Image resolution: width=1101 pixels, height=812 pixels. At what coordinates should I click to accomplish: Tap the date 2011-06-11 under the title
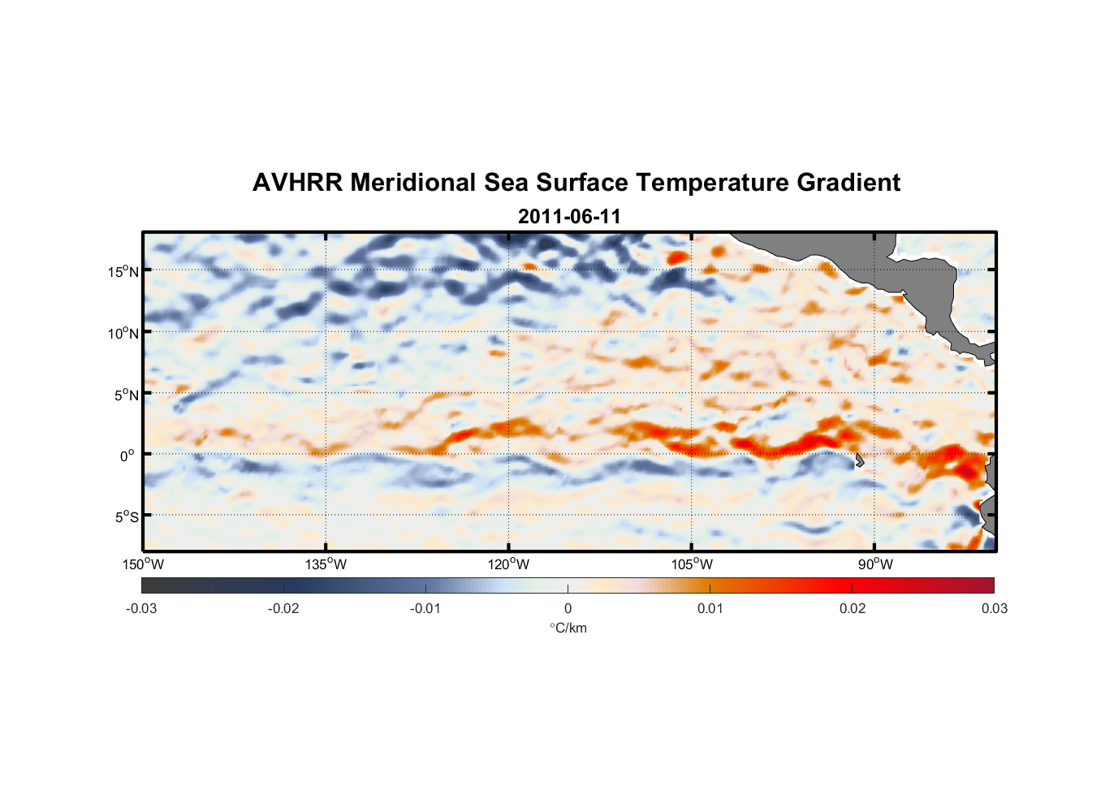click(x=569, y=217)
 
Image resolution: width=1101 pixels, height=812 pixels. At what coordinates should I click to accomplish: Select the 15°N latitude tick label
click(x=123, y=271)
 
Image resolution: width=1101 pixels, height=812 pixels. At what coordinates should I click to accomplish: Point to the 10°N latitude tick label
click(x=123, y=333)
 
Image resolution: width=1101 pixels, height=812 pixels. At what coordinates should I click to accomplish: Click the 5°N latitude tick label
click(x=126, y=395)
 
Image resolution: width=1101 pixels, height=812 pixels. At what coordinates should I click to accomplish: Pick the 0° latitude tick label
click(x=128, y=456)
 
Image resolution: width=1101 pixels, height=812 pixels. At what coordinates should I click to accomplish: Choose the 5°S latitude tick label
click(x=126, y=517)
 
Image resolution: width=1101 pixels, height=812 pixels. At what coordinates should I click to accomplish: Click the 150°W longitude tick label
click(x=143, y=564)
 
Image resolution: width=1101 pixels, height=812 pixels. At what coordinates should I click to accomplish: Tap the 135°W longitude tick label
click(x=326, y=564)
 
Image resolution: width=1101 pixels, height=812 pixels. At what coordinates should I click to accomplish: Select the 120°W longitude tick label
click(x=508, y=564)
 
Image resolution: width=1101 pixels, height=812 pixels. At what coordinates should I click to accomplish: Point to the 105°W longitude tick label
click(x=692, y=564)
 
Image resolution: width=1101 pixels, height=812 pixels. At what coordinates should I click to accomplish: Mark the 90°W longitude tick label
click(x=875, y=564)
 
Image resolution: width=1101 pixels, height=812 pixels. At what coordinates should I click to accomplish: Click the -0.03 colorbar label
click(x=141, y=609)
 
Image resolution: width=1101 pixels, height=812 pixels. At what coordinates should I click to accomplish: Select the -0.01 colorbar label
click(x=425, y=609)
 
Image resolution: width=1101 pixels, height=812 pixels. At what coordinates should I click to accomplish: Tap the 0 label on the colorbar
click(x=568, y=609)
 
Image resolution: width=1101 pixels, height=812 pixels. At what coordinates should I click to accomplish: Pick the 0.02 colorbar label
click(x=853, y=609)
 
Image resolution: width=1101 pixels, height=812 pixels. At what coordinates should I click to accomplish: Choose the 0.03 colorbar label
click(x=994, y=609)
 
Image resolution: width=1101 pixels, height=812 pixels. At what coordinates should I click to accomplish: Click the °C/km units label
click(x=568, y=628)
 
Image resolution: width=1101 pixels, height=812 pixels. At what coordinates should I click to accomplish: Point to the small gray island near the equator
click(x=859, y=460)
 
